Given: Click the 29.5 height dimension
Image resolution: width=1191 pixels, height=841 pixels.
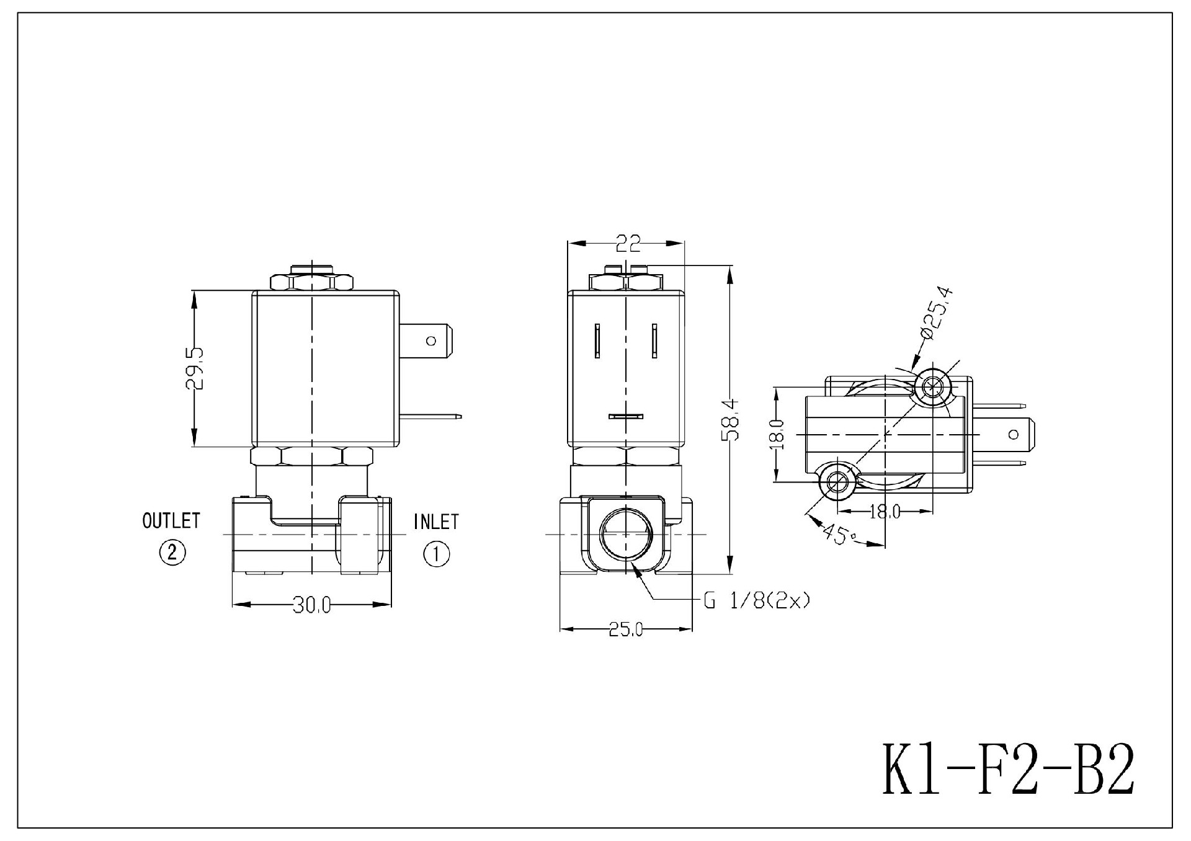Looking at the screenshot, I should [194, 368].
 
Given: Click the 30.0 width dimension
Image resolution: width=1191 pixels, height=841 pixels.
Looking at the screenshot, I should [311, 605].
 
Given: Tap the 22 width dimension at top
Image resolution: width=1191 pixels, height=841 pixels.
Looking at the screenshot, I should [627, 244].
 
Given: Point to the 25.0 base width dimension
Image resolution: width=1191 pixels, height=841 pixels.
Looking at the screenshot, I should [625, 630].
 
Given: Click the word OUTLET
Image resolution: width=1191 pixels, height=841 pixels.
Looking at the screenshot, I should [171, 521].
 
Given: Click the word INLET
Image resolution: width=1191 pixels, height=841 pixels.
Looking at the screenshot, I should [436, 522].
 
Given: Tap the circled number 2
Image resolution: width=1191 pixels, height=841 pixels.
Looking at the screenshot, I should [172, 552].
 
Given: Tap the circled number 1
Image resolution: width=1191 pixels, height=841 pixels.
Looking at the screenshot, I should [436, 553].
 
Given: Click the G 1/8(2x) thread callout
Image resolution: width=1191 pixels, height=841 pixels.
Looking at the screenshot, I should [756, 600].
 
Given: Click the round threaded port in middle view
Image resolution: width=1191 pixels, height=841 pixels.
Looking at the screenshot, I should [627, 534].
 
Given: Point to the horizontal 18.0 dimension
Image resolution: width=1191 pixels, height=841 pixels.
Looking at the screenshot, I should [885, 512].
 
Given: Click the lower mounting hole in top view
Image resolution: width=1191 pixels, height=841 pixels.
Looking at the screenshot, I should [837, 481].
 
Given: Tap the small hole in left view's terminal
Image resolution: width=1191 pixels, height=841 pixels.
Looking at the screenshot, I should [432, 340].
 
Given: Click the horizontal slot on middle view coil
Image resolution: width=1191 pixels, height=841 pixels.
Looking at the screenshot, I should [625, 416].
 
